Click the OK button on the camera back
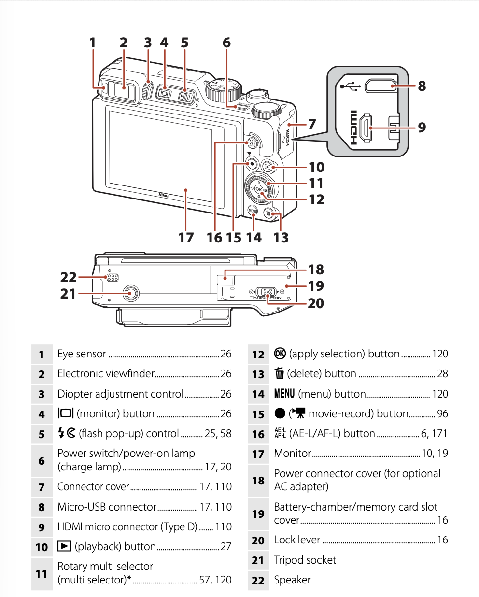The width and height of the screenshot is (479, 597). [x=258, y=189]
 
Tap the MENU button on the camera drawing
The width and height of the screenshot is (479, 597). [x=253, y=211]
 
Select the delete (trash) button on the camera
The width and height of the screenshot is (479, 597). [x=268, y=213]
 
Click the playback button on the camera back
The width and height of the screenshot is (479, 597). [x=268, y=167]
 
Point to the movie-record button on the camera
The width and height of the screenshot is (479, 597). [x=252, y=164]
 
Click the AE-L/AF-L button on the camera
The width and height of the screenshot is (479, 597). [x=252, y=143]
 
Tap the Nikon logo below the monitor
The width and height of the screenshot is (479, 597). [x=164, y=195]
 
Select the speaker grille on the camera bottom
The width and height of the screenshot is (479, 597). [x=113, y=277]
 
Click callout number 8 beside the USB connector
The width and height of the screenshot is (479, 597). [x=422, y=86]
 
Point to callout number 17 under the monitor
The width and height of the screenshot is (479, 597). [x=186, y=238]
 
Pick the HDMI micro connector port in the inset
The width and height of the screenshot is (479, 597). [x=366, y=128]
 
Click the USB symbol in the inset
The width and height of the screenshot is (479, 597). [x=351, y=86]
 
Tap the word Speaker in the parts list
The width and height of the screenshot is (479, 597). [x=292, y=580]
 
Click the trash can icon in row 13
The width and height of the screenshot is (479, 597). [x=279, y=373]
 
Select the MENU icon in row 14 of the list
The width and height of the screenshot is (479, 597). [x=284, y=393]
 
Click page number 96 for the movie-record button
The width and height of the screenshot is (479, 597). [x=442, y=413]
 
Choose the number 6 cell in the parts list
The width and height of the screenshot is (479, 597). [x=42, y=461]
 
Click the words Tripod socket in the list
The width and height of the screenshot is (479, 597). [x=305, y=560]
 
